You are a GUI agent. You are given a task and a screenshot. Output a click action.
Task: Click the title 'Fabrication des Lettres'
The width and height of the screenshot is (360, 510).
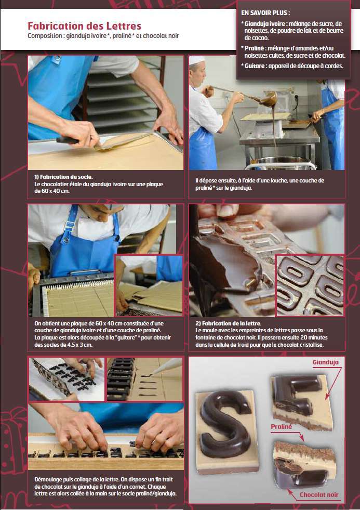pos(84,26)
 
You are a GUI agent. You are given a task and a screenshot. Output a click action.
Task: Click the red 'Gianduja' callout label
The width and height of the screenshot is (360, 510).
pos(325,362)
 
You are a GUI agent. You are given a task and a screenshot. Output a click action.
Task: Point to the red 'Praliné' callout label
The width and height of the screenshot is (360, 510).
pos(281,426)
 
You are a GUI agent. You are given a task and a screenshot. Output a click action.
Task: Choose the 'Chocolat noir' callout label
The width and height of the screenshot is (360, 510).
pos(319,494)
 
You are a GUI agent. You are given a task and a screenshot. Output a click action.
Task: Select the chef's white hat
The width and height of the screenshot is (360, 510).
pos(197,61)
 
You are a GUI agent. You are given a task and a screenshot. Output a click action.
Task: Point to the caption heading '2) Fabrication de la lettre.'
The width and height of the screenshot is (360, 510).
pos(228,323)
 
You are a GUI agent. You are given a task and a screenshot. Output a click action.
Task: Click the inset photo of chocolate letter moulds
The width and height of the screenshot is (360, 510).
pos(310,285)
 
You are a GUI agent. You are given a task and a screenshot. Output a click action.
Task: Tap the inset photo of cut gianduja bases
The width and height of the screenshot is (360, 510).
pos(149,285)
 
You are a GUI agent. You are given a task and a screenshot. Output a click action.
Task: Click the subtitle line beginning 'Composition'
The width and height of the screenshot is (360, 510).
pos(103,36)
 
